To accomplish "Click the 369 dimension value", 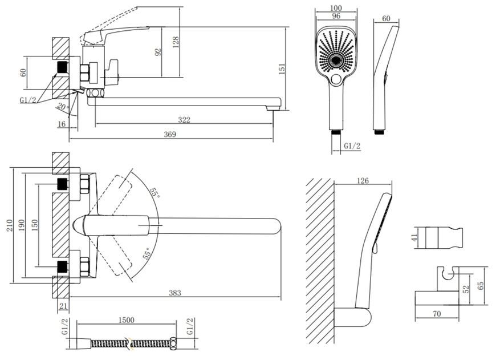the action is tap(170, 134).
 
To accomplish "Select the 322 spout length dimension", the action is tap(184, 120).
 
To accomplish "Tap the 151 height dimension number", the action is tap(282, 69).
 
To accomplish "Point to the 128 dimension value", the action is tap(176, 42).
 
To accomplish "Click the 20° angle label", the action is tap(63, 106).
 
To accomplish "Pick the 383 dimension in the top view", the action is tap(175, 293).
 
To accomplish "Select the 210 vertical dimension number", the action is tap(9, 225).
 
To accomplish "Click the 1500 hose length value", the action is tap(126, 320).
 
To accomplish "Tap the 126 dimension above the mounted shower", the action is tap(363, 180).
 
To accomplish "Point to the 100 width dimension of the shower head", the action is tap(336, 8).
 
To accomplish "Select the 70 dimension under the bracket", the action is tap(437, 314).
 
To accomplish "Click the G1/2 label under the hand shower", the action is tap(352, 146).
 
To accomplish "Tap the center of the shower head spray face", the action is tap(336, 60).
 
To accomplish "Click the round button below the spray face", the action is tap(336, 79).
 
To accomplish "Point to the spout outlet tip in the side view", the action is tap(273, 108).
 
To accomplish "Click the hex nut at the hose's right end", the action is tap(173, 344).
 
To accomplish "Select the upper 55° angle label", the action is tap(155, 192).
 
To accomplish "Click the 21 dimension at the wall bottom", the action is tap(63, 306).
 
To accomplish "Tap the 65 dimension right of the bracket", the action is tap(481, 286).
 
